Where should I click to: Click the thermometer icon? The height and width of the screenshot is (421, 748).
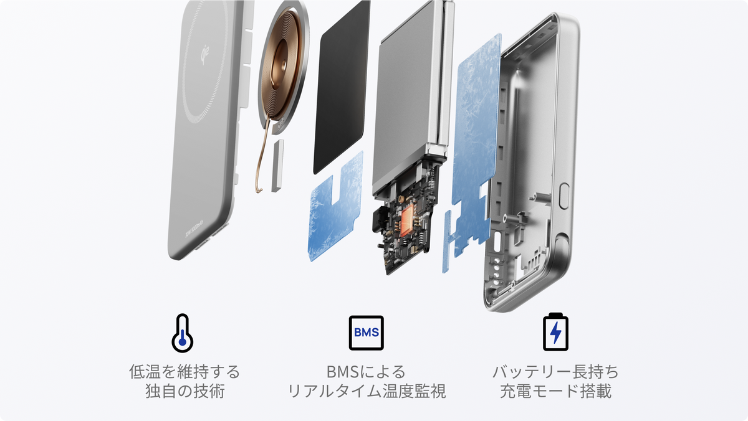(x=182, y=333)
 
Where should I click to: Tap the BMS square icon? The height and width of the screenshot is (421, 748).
(x=367, y=333)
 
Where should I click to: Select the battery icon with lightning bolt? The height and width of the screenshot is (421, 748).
(x=555, y=332)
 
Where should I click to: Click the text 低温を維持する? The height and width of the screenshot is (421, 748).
(x=185, y=372)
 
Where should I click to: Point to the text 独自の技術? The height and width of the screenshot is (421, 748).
(x=185, y=391)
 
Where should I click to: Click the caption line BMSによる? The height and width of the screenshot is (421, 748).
(x=367, y=372)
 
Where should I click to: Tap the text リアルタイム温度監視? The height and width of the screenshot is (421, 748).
(x=367, y=391)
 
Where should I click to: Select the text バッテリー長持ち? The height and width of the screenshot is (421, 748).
(x=555, y=372)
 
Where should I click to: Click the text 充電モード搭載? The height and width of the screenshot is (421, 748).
(x=555, y=391)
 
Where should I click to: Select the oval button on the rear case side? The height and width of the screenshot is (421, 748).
(x=564, y=196)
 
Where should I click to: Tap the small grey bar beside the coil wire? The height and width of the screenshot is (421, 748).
(x=277, y=166)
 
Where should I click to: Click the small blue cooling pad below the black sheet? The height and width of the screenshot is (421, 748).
(x=335, y=207)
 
